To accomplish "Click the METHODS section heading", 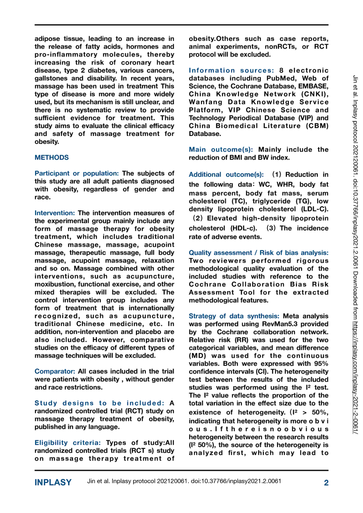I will (51, 158).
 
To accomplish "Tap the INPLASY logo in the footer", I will (53, 483).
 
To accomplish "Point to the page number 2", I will (326, 483).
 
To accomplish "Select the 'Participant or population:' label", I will (77, 173).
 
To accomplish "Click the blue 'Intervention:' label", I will (54, 213).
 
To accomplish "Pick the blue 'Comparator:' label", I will (54, 371).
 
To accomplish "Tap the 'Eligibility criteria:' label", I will (68, 443).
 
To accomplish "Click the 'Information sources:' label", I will (231, 70).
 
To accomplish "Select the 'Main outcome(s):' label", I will (221, 150).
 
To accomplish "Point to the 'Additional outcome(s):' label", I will (226, 175).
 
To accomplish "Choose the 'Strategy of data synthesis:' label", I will (234, 316).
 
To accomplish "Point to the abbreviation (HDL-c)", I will (244, 228).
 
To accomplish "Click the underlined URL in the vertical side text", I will (355, 377).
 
